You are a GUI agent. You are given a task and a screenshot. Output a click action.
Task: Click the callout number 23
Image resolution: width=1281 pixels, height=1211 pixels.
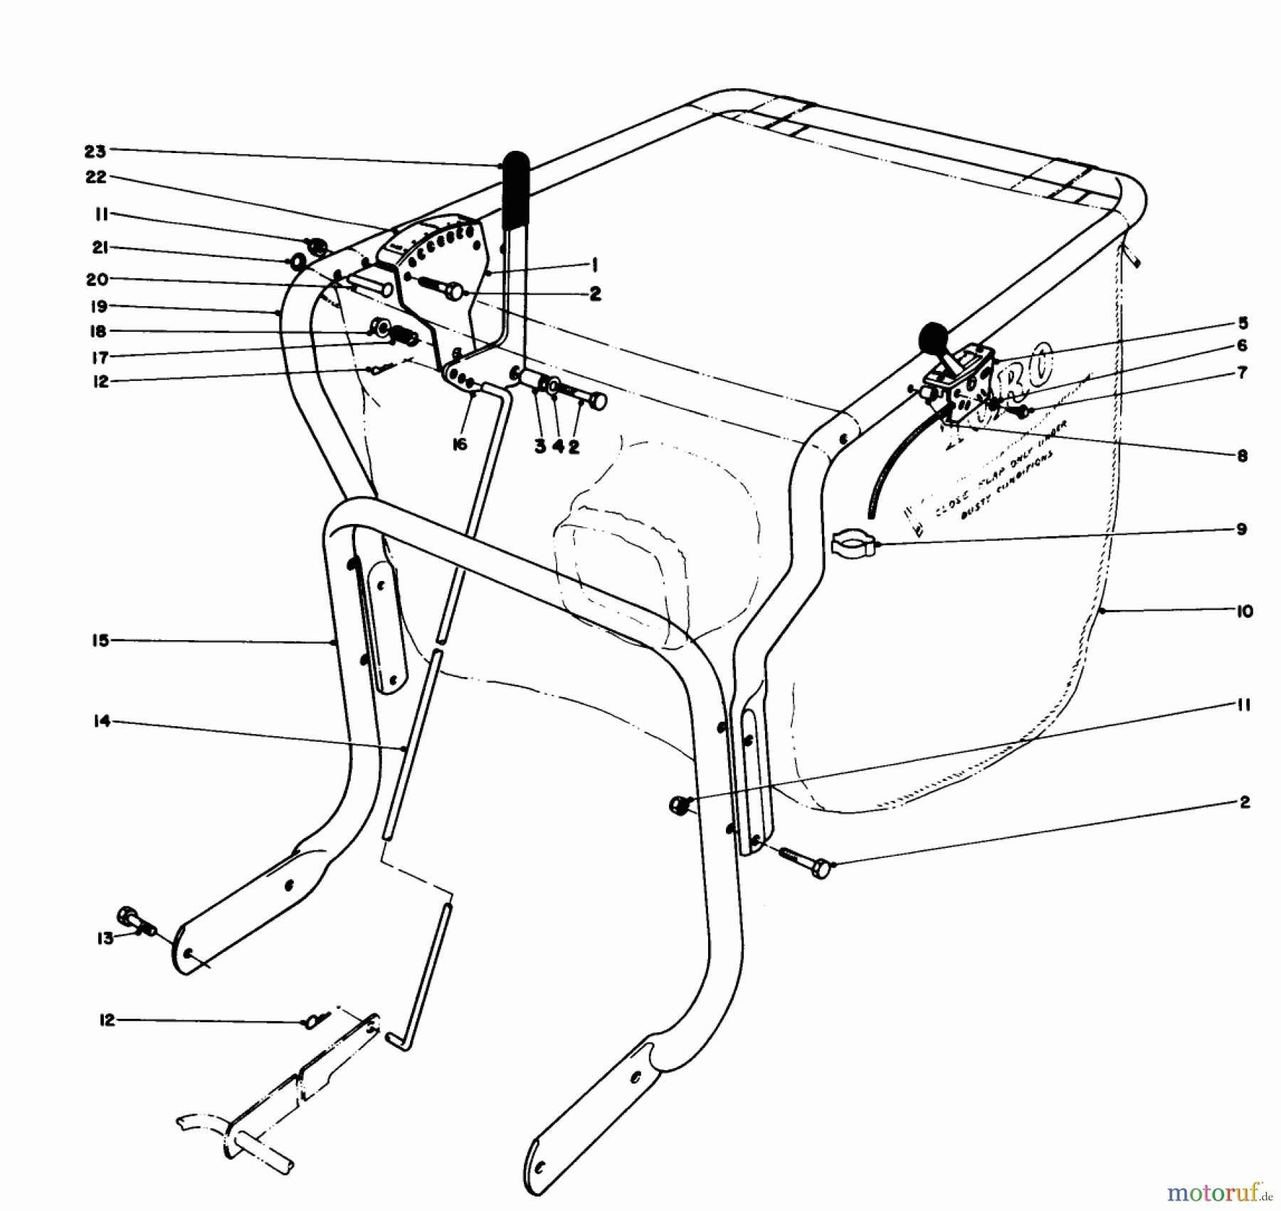point(94,151)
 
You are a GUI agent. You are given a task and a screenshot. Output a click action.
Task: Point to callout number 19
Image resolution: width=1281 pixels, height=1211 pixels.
point(97,307)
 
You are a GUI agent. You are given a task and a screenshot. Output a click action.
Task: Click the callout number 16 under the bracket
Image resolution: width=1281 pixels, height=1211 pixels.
point(460,445)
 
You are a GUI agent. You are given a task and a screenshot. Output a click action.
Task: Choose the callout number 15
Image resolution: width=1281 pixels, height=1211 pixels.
point(100,641)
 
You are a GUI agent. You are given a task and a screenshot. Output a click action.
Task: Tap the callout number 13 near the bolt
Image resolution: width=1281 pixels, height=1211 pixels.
point(105,938)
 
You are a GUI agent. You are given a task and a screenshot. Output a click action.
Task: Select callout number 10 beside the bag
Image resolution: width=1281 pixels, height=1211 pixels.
point(1244,611)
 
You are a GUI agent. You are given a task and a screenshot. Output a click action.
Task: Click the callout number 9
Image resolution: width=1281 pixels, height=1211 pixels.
point(1241,530)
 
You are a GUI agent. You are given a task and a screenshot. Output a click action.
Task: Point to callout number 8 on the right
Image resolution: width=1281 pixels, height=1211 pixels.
point(1242,456)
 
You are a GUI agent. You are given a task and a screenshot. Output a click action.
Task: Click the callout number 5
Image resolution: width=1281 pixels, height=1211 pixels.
point(1243,323)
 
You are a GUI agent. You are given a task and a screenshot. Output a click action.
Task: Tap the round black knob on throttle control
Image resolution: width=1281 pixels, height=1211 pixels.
point(934,336)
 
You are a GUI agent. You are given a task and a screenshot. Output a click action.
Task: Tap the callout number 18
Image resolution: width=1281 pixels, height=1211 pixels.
point(97,332)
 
